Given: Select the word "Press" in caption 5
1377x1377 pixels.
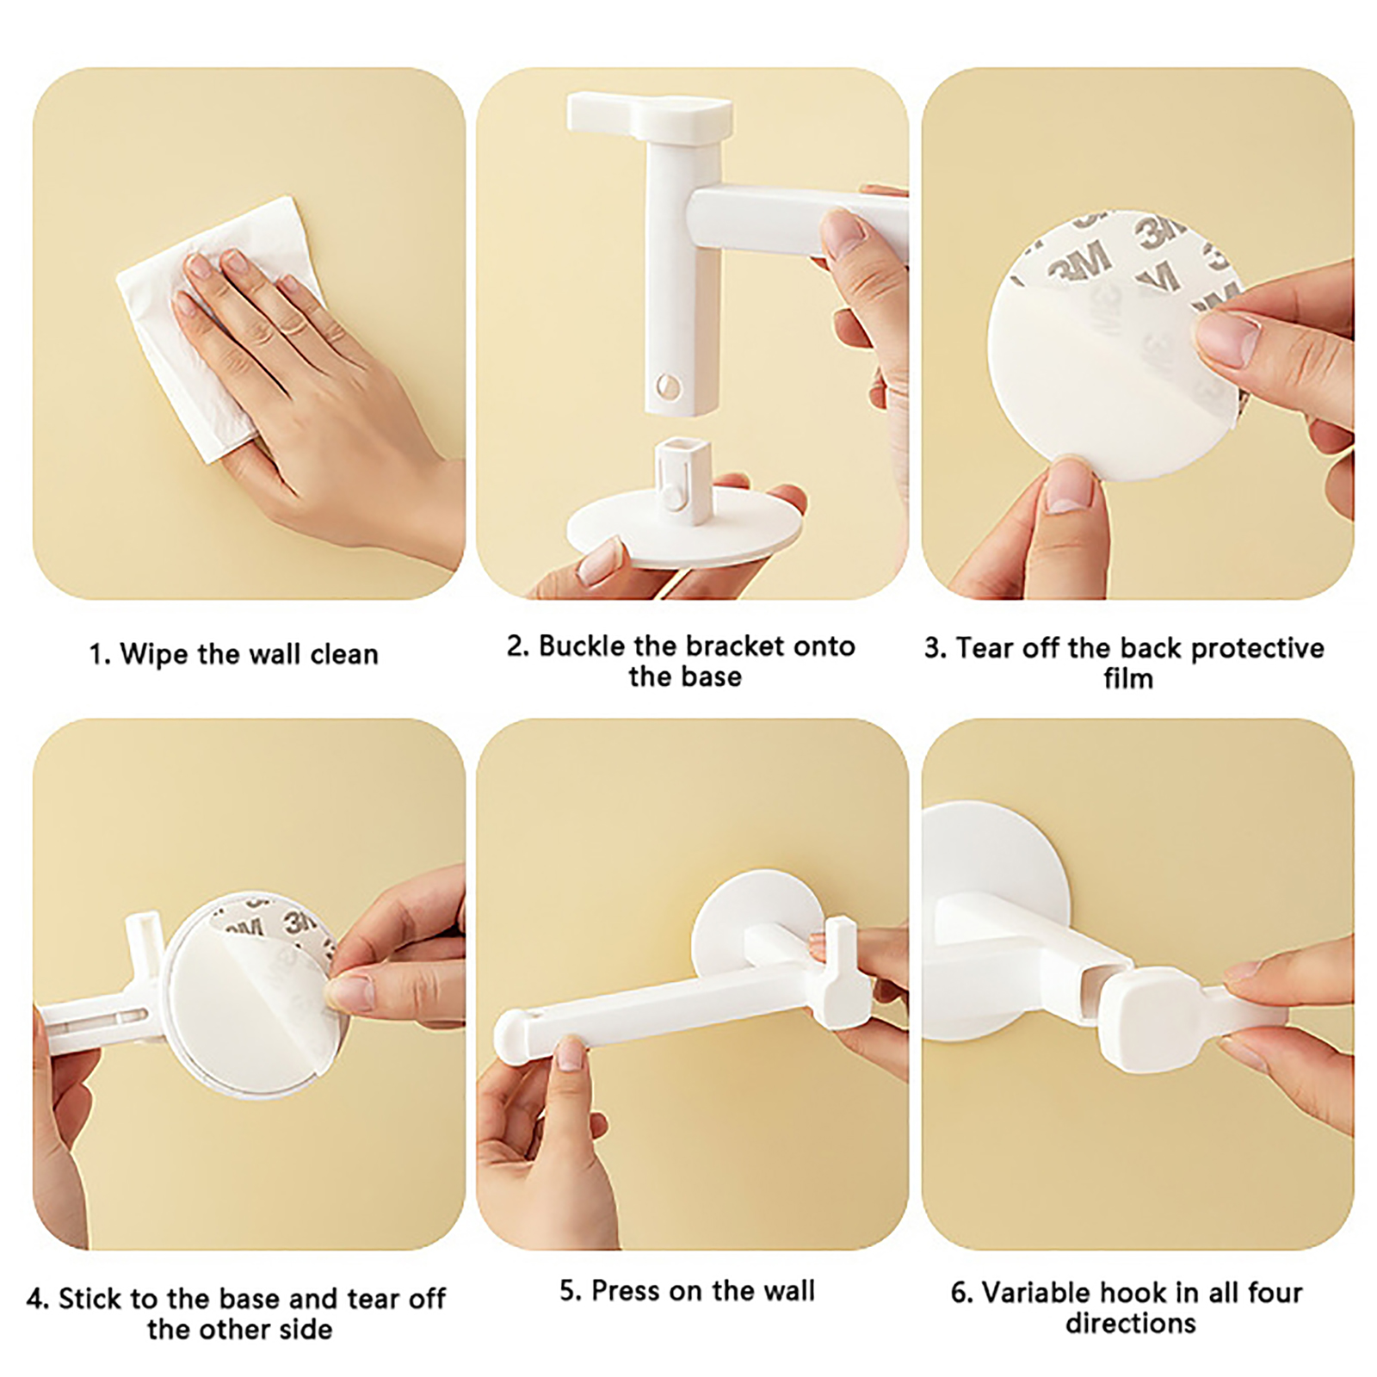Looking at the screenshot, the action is (x=624, y=1291).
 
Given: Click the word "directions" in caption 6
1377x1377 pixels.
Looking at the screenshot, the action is (x=1131, y=1323).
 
